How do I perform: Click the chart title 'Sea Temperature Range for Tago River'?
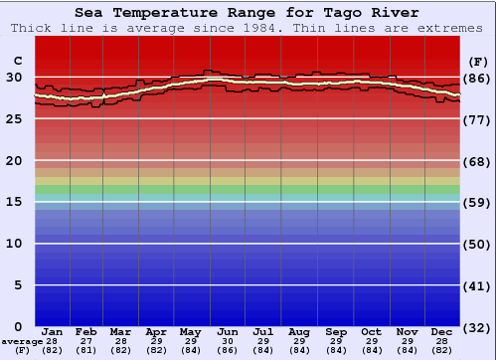[x=246, y=13]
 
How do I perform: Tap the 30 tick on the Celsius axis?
[x=14, y=77]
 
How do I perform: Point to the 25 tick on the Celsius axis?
[x=14, y=119]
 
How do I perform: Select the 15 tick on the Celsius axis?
[x=14, y=202]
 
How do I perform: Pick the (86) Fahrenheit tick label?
[x=478, y=78]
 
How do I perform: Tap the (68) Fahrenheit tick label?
[x=478, y=161]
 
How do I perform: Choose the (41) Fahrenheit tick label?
[x=478, y=286]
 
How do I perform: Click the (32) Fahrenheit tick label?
[x=478, y=327]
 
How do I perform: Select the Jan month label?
[x=53, y=331]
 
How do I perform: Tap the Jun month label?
[x=228, y=331]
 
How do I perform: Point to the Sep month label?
[x=336, y=331]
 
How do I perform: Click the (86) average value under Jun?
[x=228, y=350]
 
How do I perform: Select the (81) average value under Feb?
[x=86, y=350]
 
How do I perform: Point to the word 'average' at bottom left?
[x=22, y=341]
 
